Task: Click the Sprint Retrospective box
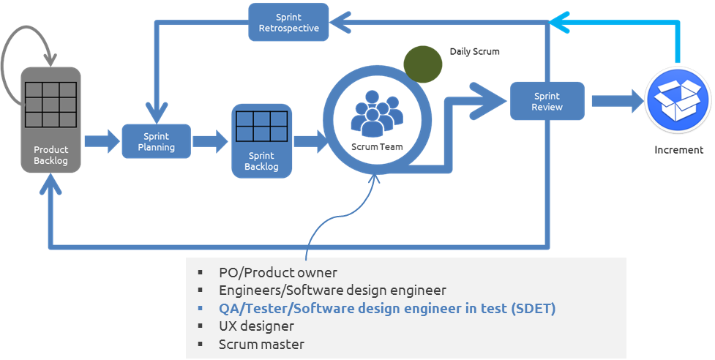(288, 23)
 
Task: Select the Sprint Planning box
(156, 141)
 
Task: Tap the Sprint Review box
(547, 101)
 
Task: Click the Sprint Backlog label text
(261, 161)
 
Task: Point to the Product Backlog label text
(50, 155)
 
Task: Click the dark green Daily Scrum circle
(423, 64)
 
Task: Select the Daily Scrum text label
(474, 52)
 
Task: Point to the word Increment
(678, 150)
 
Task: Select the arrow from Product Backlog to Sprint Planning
(102, 140)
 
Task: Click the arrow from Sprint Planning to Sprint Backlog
(211, 140)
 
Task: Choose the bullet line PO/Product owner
(277, 273)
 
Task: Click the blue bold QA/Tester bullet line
(386, 308)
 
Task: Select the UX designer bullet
(256, 326)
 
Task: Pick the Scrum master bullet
(261, 344)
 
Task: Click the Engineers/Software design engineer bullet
(332, 290)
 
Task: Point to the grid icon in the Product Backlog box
(50, 104)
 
